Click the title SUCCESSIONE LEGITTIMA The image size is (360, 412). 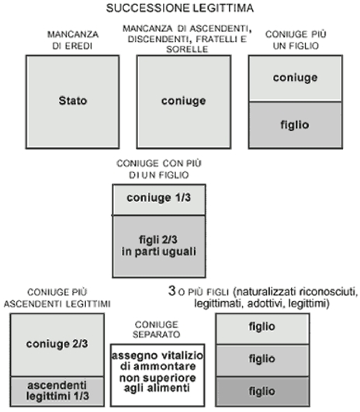point(180,8)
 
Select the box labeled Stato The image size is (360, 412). point(72,102)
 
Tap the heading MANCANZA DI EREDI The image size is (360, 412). point(73,40)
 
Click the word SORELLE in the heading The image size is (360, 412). point(187,49)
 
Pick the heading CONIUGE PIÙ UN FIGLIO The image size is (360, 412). point(296,40)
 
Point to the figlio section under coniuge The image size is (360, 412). point(296,125)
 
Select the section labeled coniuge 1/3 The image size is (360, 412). point(159,199)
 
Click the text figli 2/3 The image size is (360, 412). point(158,240)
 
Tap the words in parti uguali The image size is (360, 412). point(159,251)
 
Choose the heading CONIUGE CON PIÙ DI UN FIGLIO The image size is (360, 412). point(159,169)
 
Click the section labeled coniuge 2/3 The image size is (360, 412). point(57,345)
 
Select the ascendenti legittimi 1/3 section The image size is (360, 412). point(57,391)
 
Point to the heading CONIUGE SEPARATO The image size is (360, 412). point(157,330)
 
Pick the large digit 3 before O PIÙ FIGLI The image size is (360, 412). point(172,291)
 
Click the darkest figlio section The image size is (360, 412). point(262,391)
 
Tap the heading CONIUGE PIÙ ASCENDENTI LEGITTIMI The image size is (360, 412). point(57,298)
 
